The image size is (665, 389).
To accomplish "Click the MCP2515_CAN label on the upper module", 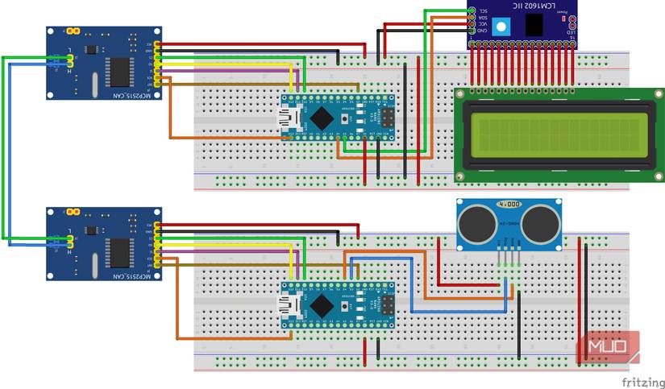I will pos(106,93).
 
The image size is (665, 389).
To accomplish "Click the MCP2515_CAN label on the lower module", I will pos(106,275).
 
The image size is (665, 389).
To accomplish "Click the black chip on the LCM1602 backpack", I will pos(533,25).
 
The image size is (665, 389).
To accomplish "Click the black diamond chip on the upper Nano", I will pos(323,118).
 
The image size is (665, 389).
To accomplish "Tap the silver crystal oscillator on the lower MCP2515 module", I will pos(96,264).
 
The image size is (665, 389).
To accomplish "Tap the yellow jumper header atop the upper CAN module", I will pos(74,31).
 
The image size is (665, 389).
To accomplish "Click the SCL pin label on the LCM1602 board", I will pos(484,10).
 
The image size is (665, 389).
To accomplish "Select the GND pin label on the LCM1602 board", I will pos(484,31).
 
